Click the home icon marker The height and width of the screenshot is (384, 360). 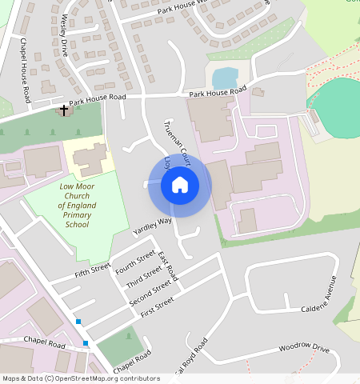(180, 186)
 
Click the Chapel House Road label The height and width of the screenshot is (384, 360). (25, 70)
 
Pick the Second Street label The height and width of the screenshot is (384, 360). (150, 294)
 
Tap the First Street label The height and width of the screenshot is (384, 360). (157, 307)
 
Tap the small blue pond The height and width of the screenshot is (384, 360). (226, 78)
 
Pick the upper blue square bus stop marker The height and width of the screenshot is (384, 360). (78, 322)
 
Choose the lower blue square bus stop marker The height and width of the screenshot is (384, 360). (86, 343)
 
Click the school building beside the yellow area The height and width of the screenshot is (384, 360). (90, 158)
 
